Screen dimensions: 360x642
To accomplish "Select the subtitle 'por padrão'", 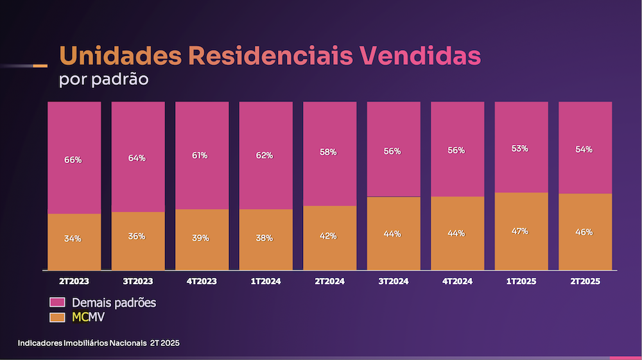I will tap(103, 81).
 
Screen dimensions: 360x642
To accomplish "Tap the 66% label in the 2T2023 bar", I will tap(73, 160).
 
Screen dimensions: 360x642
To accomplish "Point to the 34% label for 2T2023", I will tap(73, 239).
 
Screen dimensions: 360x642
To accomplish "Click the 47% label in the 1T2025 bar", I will tap(520, 231).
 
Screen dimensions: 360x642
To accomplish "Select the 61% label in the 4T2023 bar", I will tap(200, 155).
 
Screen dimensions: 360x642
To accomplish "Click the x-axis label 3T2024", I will tap(393, 282).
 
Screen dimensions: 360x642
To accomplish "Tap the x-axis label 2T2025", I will tap(584, 282).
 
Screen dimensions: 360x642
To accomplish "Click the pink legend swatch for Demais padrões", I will tap(57, 302).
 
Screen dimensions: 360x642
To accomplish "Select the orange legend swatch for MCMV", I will tap(57, 316).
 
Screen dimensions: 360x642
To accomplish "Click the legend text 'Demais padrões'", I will tap(114, 302).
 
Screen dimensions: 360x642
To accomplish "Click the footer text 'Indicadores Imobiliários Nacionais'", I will tap(82, 343).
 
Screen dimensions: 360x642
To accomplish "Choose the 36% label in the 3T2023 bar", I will tap(137, 236).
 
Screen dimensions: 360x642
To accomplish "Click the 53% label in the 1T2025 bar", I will tap(520, 149).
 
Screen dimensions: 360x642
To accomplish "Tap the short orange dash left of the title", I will tap(39, 65).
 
